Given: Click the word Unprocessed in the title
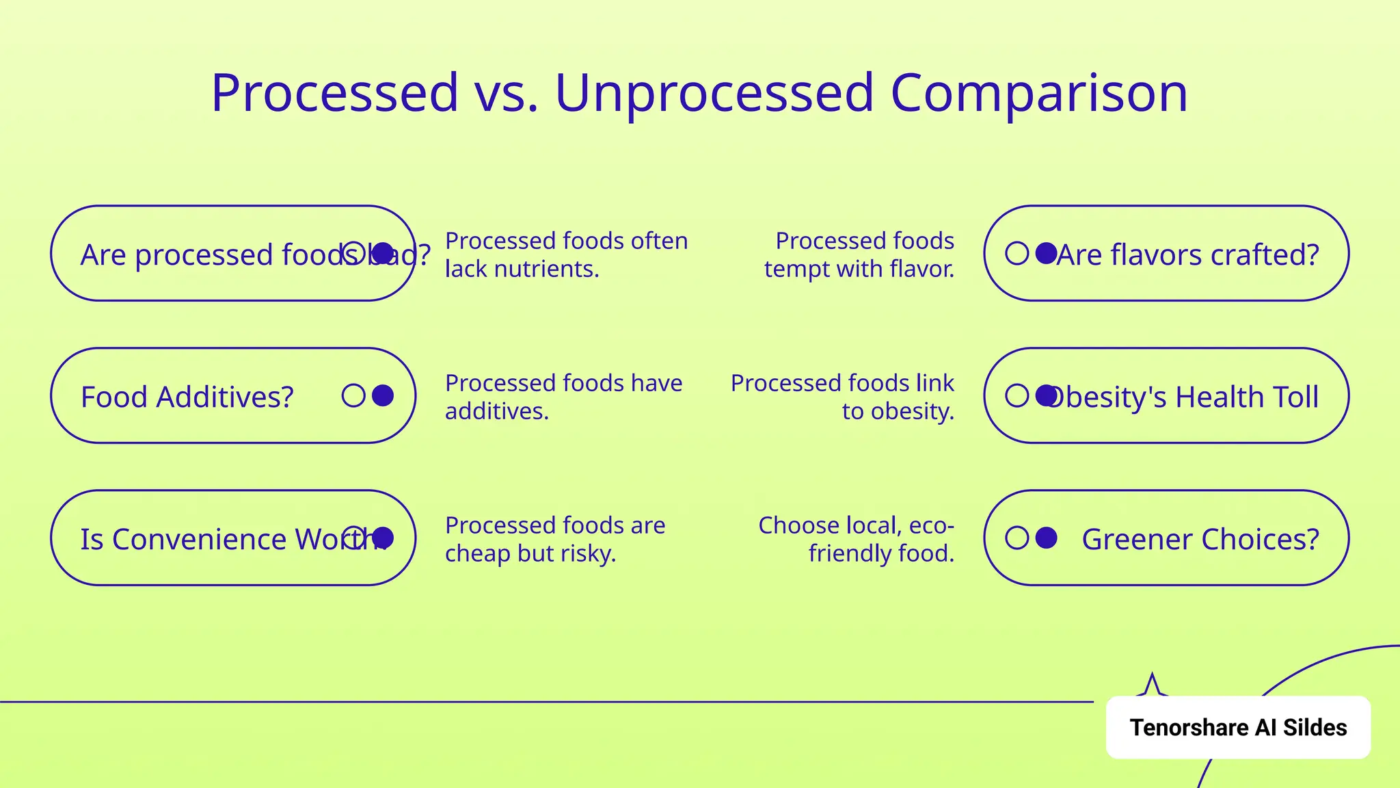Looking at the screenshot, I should click(x=714, y=93).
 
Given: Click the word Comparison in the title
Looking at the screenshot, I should click(x=1038, y=93).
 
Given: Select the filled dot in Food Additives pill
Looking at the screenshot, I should click(x=383, y=395).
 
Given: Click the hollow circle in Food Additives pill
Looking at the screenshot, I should click(x=353, y=395).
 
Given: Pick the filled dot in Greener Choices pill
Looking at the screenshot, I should click(x=1046, y=538).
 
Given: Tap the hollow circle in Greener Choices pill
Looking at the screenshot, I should click(x=1017, y=538).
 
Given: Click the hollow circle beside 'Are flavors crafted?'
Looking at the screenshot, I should click(x=1017, y=253).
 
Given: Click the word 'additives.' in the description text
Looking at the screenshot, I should click(x=496, y=412).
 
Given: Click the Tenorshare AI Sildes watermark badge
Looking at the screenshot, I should click(x=1237, y=728).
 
